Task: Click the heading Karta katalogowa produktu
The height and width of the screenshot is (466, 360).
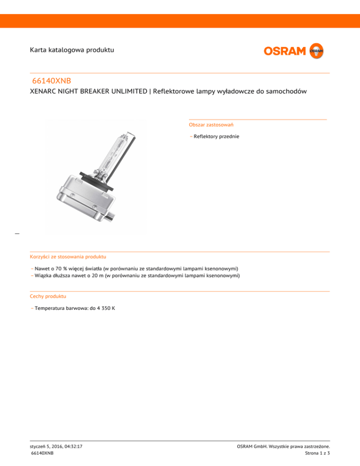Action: [x=72, y=49]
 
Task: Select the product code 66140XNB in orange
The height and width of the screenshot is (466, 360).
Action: [x=52, y=81]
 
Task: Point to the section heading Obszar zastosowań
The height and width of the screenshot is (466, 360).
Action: [x=211, y=125]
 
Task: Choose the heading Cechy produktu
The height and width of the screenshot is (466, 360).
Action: [x=48, y=296]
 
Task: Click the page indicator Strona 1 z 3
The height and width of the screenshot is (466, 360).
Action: [x=317, y=454]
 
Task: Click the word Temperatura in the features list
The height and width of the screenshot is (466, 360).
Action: [x=50, y=308]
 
